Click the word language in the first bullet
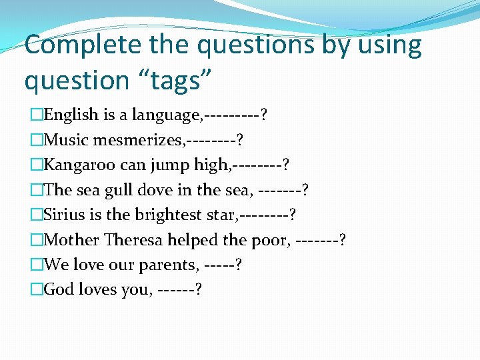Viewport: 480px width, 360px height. pyautogui.click(x=166, y=115)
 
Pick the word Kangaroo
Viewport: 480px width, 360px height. pyautogui.click(x=79, y=165)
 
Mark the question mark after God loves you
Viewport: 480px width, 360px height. pyautogui.click(x=199, y=290)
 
